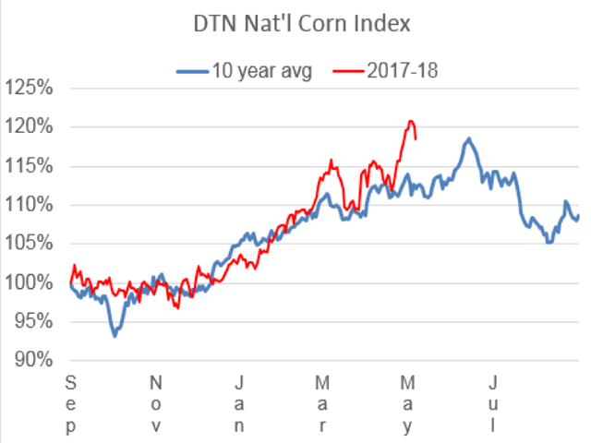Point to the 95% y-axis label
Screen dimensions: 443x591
(32, 322)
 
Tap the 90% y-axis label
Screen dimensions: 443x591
(32, 361)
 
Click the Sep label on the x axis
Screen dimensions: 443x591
(72, 402)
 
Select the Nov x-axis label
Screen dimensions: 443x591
(156, 402)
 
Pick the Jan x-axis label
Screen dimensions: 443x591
(238, 402)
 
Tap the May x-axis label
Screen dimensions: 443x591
(406, 402)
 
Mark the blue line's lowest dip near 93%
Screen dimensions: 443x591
(115, 335)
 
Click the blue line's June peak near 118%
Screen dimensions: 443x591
(469, 139)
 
